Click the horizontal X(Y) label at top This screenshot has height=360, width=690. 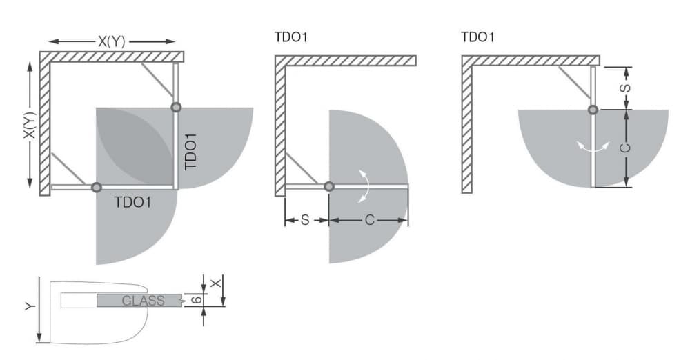(112, 42)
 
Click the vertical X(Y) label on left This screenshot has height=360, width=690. (30, 125)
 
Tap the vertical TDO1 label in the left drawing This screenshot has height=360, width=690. (190, 152)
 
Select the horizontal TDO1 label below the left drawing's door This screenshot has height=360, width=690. (132, 202)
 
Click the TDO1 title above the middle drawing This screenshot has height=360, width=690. (291, 37)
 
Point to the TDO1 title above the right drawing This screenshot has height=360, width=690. (477, 37)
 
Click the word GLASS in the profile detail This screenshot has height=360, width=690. (143, 301)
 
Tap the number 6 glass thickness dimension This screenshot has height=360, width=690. (197, 300)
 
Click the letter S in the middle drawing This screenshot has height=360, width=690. (306, 219)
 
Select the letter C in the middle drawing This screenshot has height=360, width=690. (370, 219)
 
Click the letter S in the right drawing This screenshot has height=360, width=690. (625, 88)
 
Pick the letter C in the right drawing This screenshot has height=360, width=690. (625, 148)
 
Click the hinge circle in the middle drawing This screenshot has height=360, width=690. (328, 187)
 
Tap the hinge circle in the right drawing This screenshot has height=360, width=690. (593, 110)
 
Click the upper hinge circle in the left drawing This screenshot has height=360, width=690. (176, 107)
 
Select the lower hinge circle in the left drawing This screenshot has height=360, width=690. (97, 188)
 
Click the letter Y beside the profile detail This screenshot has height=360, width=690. (30, 306)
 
